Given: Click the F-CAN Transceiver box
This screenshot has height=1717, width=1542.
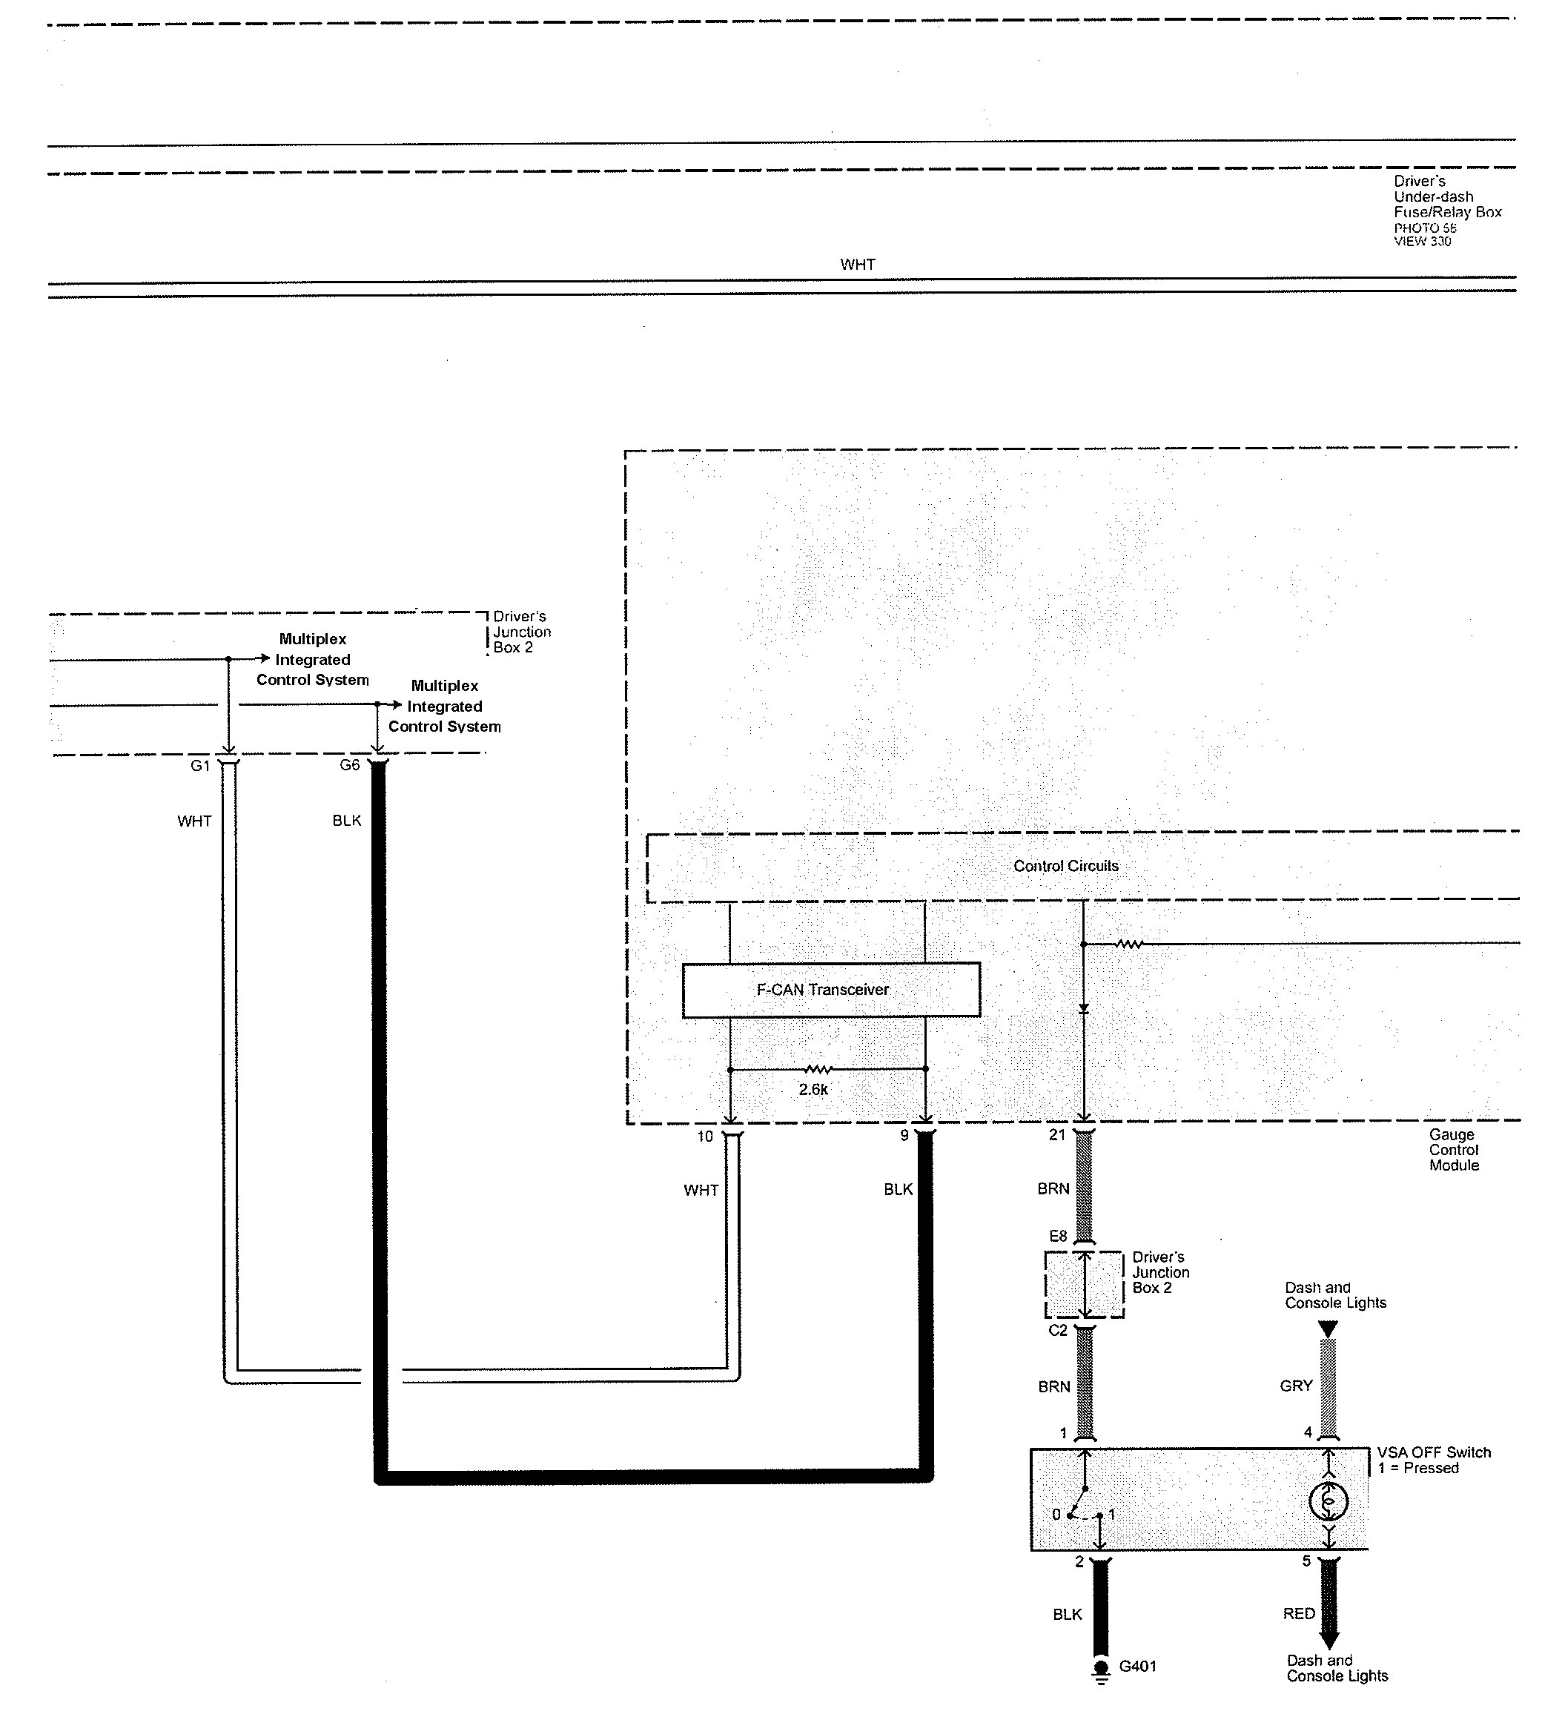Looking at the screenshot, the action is tap(831, 990).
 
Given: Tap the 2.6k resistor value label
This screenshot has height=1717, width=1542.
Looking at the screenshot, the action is tap(813, 1089).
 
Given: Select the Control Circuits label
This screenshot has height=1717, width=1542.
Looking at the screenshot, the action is tap(1066, 866).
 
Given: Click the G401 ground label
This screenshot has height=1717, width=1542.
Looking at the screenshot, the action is tap(1137, 1666).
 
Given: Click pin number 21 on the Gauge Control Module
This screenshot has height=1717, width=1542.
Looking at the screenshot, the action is tap(1056, 1134).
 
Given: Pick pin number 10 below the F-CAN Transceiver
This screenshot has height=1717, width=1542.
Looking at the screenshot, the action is tap(705, 1136).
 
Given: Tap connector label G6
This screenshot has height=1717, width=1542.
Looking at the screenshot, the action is tap(349, 765).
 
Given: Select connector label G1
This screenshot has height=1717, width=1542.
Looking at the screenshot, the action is tap(200, 766).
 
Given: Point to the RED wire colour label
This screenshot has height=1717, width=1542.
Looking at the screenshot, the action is tap(1299, 1614).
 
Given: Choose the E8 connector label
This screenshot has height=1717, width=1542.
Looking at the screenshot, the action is tap(1058, 1236).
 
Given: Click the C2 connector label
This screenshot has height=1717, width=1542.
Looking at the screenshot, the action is tap(1058, 1331).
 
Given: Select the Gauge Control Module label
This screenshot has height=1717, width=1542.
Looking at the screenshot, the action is tap(1454, 1149).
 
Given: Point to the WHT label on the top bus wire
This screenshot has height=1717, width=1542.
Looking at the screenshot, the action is tap(858, 264).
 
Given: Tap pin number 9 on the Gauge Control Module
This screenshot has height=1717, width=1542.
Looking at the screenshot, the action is tap(905, 1135).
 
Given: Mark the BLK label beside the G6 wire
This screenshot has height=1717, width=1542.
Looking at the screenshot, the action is tap(346, 820).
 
